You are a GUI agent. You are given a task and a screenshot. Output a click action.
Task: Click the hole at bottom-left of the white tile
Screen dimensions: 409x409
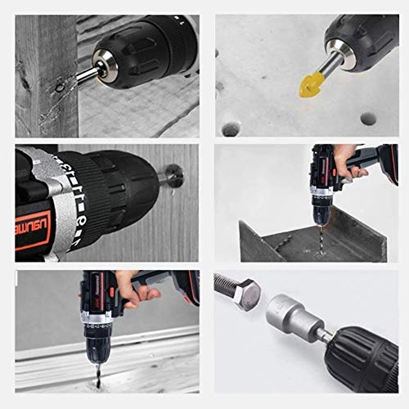coord(232,128)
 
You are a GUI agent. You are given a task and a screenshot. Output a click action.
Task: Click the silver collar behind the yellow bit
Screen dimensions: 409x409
coord(334,59)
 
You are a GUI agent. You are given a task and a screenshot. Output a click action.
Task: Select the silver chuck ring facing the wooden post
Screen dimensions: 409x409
coord(103,63)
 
